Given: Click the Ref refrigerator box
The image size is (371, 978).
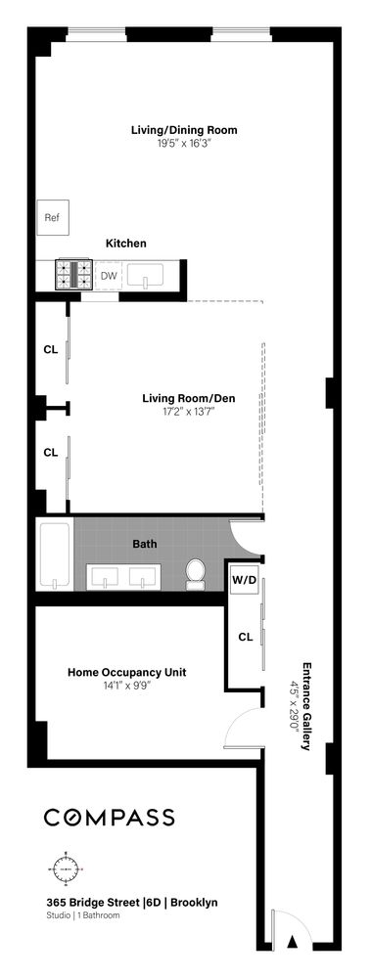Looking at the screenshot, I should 52,218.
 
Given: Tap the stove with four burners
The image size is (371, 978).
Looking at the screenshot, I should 73,275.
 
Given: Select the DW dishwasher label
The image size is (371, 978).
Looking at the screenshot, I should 109,276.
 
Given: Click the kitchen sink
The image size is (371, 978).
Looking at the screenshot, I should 150,276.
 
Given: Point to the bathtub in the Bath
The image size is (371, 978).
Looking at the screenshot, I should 56,557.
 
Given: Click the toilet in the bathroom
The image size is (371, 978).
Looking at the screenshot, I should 195,574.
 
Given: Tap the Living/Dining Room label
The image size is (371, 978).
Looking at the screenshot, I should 184,129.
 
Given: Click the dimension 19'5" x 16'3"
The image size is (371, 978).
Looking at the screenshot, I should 184,143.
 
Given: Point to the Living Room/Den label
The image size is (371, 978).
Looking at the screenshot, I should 188,398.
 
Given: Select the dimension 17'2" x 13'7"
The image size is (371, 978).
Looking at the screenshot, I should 188,412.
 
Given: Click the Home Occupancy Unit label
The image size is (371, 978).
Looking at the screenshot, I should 126,672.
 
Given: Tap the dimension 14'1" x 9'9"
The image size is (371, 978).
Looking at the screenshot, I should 126,686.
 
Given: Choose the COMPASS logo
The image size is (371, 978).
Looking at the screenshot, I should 109,818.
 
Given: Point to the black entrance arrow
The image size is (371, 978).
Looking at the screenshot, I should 292,942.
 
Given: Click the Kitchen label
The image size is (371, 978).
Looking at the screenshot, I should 126,243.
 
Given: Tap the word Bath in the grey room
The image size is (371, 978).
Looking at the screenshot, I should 144,544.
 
